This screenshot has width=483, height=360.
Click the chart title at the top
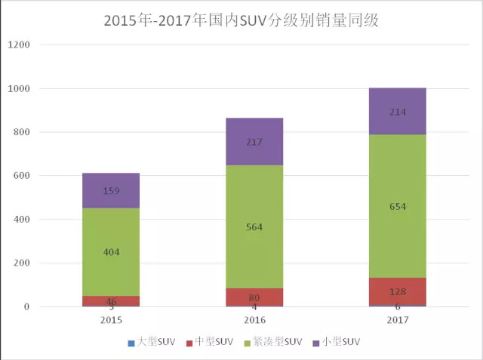(x=241, y=20)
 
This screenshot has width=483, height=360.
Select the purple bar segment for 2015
(x=111, y=190)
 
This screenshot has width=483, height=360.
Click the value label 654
(x=398, y=207)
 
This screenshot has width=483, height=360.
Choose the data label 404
(x=111, y=251)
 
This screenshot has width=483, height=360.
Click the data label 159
(x=111, y=191)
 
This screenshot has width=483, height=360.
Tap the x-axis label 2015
(x=111, y=320)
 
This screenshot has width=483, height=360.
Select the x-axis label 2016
(x=254, y=320)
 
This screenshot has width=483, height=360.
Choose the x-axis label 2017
(x=398, y=320)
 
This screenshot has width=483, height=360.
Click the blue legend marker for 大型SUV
(x=131, y=343)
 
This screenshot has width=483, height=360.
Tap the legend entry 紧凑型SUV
(x=278, y=343)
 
